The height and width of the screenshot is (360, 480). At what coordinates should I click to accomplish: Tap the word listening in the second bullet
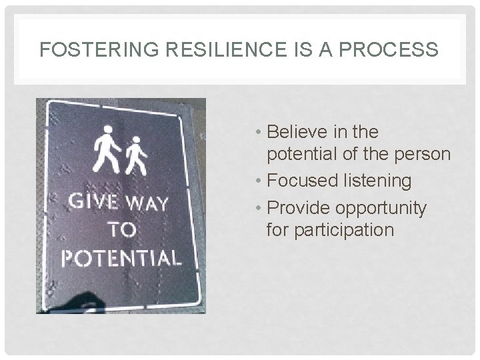380,180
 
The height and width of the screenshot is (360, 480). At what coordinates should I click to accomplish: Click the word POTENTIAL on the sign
121,257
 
